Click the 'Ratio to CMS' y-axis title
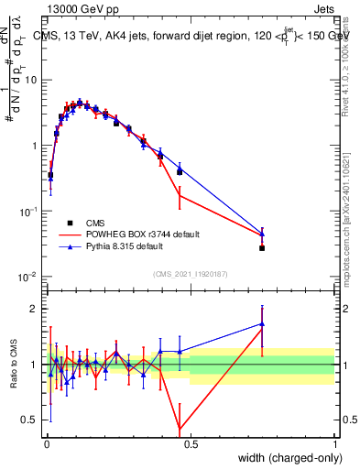click(15, 364)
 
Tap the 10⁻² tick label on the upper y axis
click(28, 277)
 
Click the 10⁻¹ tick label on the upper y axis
click(28, 211)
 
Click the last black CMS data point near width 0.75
click(262, 248)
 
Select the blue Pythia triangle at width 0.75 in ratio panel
click(262, 323)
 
